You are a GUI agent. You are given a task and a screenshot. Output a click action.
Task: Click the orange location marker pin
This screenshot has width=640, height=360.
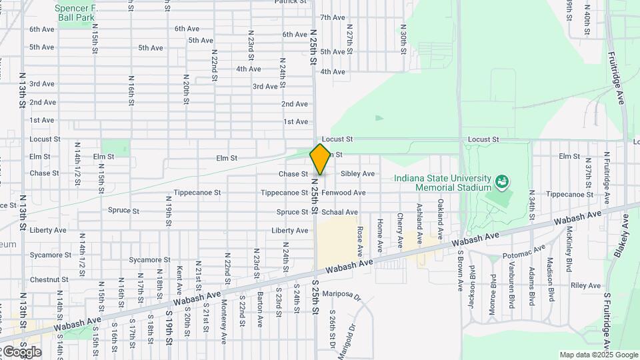click(321, 159)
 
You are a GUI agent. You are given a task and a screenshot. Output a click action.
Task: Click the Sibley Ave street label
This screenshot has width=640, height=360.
click(357, 174)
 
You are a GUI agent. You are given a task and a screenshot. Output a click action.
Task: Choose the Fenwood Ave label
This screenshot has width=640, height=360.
click(343, 193)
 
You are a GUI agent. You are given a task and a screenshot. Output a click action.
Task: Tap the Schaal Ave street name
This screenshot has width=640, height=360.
click(339, 212)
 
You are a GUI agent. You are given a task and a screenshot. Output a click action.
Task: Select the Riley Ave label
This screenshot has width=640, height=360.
click(585, 285)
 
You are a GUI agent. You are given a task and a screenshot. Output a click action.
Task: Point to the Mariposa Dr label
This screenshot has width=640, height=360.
click(341, 294)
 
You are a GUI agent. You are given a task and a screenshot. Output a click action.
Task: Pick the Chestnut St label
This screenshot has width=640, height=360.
click(45, 280)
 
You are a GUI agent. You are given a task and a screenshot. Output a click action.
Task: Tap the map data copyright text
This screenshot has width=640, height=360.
click(599, 355)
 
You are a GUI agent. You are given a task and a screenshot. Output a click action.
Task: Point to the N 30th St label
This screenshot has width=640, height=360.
click(403, 39)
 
